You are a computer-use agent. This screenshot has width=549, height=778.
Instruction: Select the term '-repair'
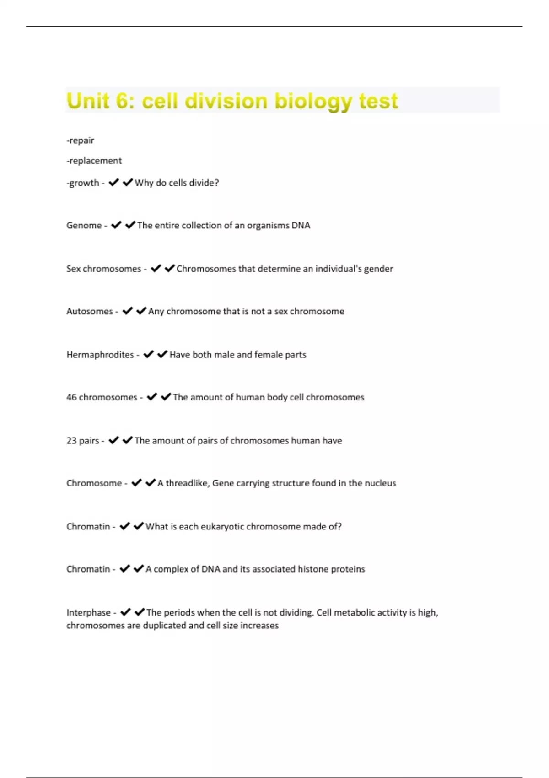tap(81, 140)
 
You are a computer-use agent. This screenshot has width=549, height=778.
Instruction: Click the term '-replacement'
tap(94, 161)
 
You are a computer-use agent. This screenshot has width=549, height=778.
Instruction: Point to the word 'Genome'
tap(84, 225)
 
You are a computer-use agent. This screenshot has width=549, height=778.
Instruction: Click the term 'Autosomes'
tap(89, 311)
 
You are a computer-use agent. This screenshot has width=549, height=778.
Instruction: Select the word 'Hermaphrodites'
tap(100, 355)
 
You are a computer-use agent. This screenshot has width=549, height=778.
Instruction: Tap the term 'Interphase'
tap(88, 612)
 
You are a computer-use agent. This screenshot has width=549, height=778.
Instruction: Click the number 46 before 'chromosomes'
tap(71, 397)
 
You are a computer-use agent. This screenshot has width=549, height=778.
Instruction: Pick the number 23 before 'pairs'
tap(71, 441)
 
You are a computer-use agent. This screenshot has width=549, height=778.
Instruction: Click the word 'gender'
tap(378, 269)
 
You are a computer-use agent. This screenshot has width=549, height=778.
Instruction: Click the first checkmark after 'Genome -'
tap(116, 225)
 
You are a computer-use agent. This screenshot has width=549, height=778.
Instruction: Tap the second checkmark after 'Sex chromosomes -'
tap(170, 268)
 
